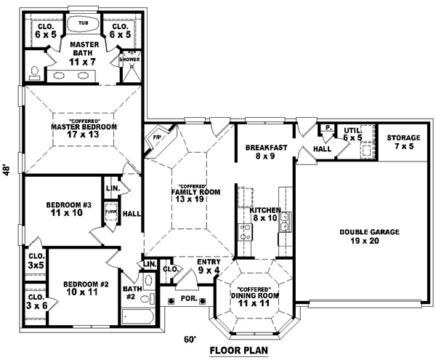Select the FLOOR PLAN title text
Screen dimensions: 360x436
tap(239, 351)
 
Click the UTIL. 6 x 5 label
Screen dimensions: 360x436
tap(353, 133)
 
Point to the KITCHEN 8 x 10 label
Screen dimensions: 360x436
tap(265, 214)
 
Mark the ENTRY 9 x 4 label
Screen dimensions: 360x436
tap(209, 265)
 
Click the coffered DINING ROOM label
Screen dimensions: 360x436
tap(255, 295)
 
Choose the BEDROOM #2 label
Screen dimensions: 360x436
tap(80, 287)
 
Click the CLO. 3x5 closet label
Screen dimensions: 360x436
tap(35, 260)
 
